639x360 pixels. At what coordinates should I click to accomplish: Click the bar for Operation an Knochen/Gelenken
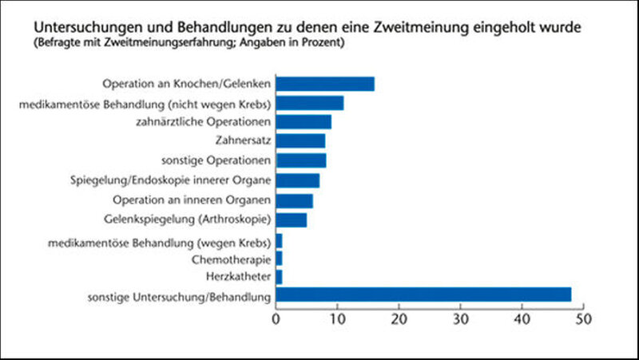tap(325, 84)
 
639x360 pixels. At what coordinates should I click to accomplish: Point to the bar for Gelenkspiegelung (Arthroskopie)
tap(292, 219)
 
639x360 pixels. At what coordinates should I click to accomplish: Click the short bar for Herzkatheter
tap(279, 277)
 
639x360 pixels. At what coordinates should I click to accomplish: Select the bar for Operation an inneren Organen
tap(295, 200)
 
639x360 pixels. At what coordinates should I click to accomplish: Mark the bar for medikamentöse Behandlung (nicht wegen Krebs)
tap(310, 103)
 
